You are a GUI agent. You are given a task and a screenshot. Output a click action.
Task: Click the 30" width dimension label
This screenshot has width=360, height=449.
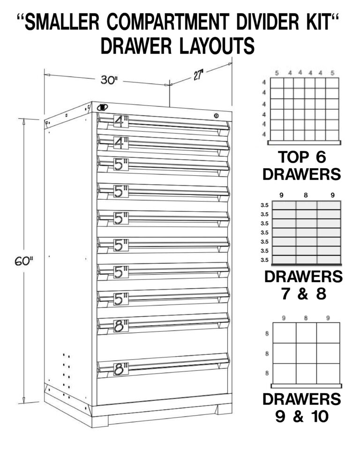(x=109, y=80)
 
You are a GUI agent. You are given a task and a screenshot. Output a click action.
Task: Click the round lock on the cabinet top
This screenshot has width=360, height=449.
(x=216, y=115)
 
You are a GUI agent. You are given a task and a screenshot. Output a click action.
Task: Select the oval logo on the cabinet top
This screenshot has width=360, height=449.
(x=102, y=108)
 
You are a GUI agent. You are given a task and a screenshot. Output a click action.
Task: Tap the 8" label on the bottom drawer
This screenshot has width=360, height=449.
(x=121, y=368)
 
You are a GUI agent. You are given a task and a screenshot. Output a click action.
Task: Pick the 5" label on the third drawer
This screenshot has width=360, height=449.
(x=121, y=164)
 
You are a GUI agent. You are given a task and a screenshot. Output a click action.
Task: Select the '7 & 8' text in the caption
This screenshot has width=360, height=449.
(x=303, y=295)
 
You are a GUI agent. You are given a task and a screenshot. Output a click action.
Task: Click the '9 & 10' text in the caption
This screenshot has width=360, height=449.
(x=302, y=416)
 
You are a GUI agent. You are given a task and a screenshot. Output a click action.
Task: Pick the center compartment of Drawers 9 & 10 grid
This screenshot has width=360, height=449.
(x=306, y=353)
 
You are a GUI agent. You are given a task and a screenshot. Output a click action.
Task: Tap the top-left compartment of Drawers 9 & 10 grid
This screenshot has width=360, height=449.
(x=284, y=333)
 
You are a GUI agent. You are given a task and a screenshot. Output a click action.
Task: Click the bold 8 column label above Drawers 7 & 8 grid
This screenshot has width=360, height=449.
(x=306, y=194)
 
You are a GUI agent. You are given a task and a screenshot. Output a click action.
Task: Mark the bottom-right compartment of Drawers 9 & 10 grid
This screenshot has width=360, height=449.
(x=328, y=373)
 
